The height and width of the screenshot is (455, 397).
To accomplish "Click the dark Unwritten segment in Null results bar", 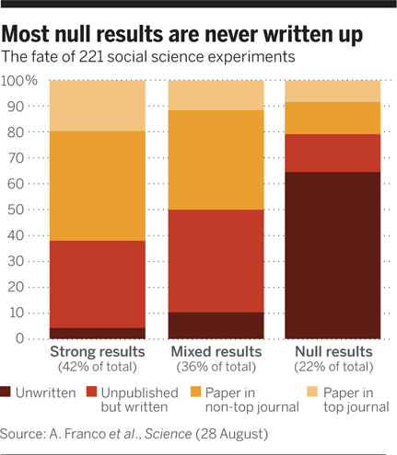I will (x=333, y=255).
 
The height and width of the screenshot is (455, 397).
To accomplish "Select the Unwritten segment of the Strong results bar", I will (x=97, y=333).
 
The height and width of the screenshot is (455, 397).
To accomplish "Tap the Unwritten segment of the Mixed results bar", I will (x=215, y=325).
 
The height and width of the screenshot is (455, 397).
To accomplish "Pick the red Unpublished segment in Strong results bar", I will (x=97, y=284).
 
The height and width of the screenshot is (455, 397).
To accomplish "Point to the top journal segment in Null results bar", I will (x=333, y=91).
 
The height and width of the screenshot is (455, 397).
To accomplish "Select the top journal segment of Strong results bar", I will (x=97, y=105).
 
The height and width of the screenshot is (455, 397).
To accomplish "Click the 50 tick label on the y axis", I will (x=27, y=210).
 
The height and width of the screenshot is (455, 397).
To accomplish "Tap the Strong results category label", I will (x=97, y=352).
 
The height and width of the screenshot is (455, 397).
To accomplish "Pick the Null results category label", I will (x=333, y=352).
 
